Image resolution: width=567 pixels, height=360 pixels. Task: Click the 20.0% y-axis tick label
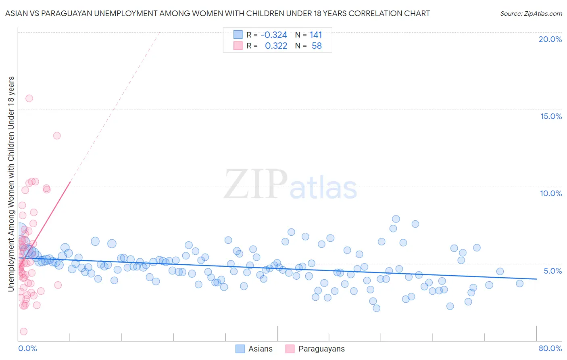click(550, 39)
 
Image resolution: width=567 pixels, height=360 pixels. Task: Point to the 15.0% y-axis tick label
click(551, 116)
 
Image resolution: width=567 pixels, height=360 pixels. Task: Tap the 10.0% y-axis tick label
click(551, 193)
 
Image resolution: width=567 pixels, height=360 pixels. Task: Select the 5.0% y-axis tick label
click(552, 271)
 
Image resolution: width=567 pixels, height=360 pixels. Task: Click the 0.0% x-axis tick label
click(27, 348)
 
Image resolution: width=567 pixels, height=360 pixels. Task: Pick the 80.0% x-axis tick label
click(550, 348)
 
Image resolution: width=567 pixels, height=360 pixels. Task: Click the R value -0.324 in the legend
click(274, 35)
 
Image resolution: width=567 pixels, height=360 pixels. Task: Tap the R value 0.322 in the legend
click(276, 46)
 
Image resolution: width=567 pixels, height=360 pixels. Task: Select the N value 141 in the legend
click(316, 35)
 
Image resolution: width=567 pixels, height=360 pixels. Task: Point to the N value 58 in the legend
click(317, 46)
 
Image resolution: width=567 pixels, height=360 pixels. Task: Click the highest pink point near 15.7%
click(29, 98)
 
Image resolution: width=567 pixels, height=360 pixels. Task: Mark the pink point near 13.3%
click(57, 136)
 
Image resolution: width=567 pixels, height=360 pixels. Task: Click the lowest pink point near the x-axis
click(24, 331)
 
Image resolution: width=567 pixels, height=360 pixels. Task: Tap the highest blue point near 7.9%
click(396, 219)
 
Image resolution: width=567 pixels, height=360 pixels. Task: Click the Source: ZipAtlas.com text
click(531, 14)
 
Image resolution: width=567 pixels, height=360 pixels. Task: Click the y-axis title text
click(11, 184)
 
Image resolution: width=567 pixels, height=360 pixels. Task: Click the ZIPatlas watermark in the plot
click(290, 185)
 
